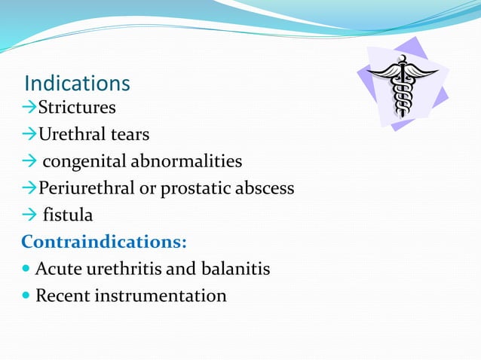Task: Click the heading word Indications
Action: pos(78,83)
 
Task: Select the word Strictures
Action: pos(78,108)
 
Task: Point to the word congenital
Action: pos(84,162)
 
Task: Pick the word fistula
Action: pos(68,215)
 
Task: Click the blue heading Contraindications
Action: pos(104,242)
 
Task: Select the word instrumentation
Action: pos(161,296)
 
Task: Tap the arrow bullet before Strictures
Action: pos(29,108)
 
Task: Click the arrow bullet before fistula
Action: pos(29,215)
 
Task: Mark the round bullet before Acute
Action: pos(26,269)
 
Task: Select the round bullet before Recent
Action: pos(26,296)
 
